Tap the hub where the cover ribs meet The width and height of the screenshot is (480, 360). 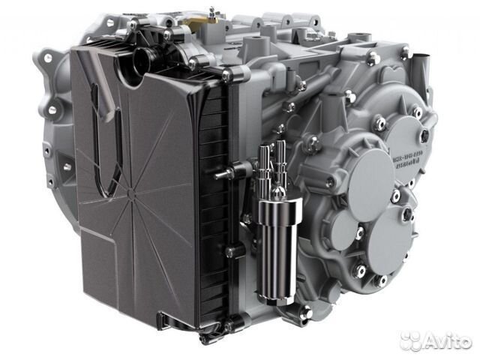(x=132, y=193)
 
